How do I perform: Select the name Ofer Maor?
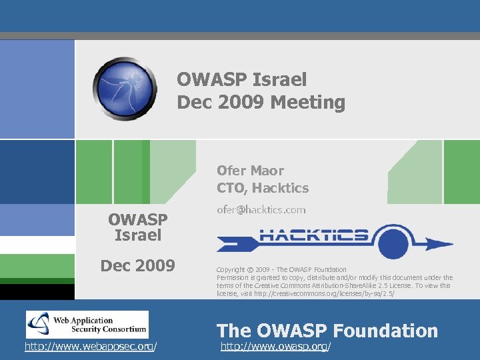point(250,171)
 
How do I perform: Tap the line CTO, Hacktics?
point(263,188)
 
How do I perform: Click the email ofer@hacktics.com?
point(261,209)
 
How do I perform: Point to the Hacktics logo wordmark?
point(313,235)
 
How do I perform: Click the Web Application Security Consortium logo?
point(87,325)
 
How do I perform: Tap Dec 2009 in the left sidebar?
point(137,266)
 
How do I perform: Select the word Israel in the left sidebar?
point(137,235)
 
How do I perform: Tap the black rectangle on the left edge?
point(37,291)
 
